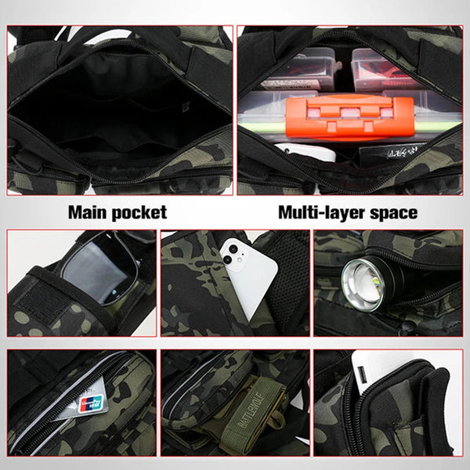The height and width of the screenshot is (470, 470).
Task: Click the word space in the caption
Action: click(x=392, y=212)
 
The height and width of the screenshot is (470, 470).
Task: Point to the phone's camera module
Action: click(x=233, y=252)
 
